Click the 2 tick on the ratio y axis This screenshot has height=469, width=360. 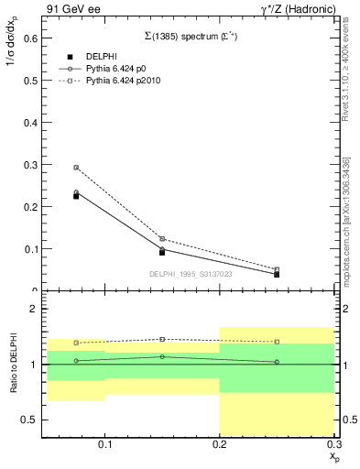(x=32, y=309)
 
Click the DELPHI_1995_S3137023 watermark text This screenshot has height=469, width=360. (x=190, y=273)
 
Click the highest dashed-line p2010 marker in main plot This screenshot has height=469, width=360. (x=76, y=168)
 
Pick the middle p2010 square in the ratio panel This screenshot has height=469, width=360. (x=162, y=339)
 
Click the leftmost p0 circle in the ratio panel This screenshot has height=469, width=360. (x=76, y=361)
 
